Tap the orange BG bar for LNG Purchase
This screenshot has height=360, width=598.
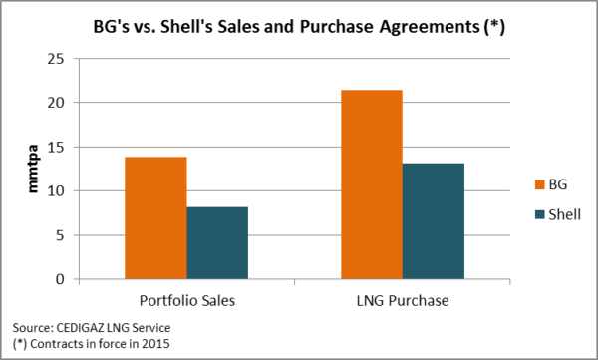[x=372, y=184]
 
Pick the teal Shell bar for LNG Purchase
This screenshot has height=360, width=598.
[x=434, y=220]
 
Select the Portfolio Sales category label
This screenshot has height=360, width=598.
[x=186, y=300]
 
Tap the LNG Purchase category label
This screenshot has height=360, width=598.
[x=403, y=300]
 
